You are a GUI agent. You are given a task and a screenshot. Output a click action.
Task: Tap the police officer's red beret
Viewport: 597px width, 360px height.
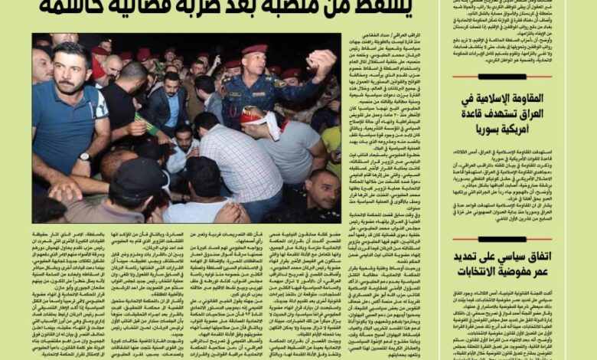click(254, 49)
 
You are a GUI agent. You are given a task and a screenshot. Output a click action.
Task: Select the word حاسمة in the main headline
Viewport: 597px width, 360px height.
click(69, 6)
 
